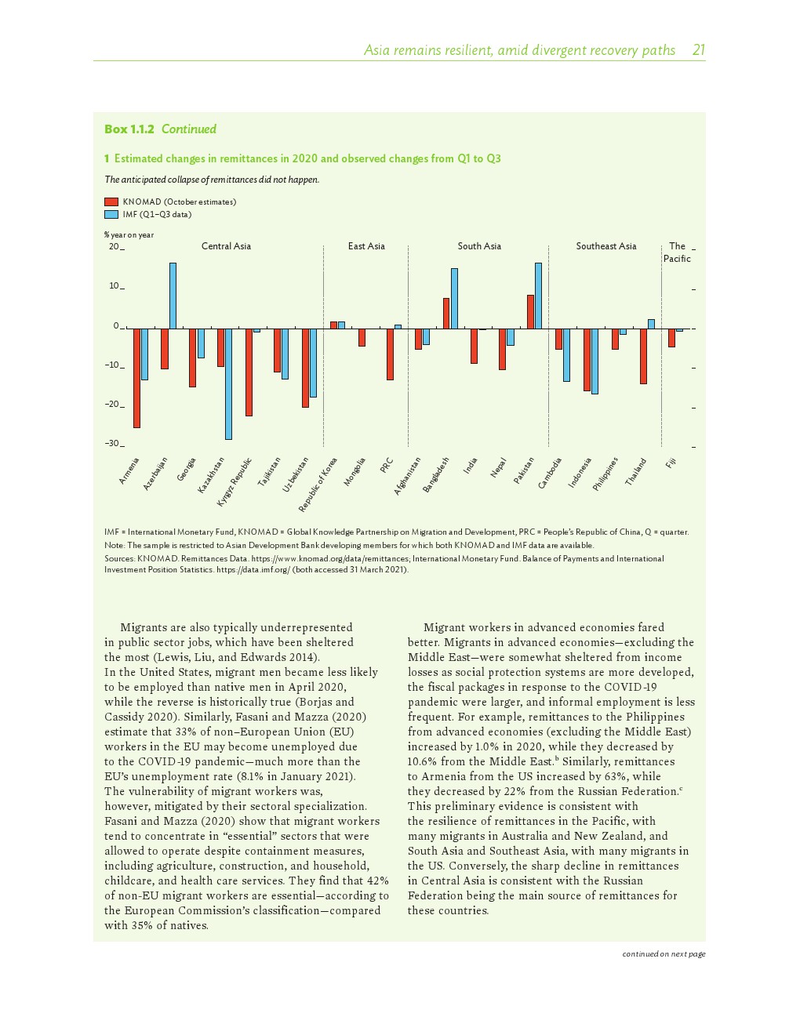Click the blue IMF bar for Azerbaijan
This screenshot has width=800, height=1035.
click(x=173, y=296)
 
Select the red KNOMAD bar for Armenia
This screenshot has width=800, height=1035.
click(x=136, y=378)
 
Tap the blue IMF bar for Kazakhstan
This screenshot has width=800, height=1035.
click(x=228, y=383)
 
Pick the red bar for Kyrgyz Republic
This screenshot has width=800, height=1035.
click(x=249, y=372)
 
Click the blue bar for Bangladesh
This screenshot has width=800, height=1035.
click(x=454, y=299)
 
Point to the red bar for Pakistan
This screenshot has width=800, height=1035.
click(x=530, y=312)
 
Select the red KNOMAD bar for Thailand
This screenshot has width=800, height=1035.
click(x=643, y=356)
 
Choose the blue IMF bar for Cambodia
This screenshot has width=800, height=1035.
click(x=566, y=354)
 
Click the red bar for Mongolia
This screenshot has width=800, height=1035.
click(x=362, y=337)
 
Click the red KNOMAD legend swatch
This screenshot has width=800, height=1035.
click(x=111, y=202)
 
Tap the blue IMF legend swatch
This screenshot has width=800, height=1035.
click(x=111, y=214)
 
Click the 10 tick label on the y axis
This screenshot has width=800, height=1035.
click(x=115, y=286)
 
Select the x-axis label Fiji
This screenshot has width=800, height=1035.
click(x=671, y=463)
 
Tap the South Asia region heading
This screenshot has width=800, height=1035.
click(x=479, y=246)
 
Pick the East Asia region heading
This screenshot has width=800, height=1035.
click(x=366, y=246)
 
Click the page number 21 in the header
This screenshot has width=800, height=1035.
click(x=698, y=50)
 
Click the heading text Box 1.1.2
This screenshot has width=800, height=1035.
click(x=129, y=129)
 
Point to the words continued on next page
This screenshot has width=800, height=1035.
click(x=664, y=954)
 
